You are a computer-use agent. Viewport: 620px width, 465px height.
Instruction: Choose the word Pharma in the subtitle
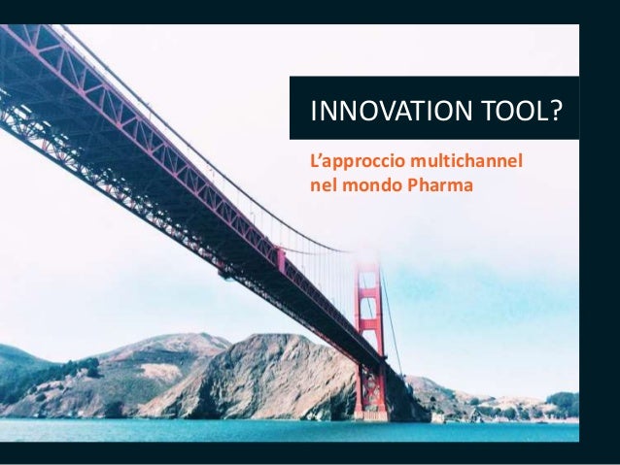tap(436, 180)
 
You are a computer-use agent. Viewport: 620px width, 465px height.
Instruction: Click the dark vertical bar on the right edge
tap(600, 233)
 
